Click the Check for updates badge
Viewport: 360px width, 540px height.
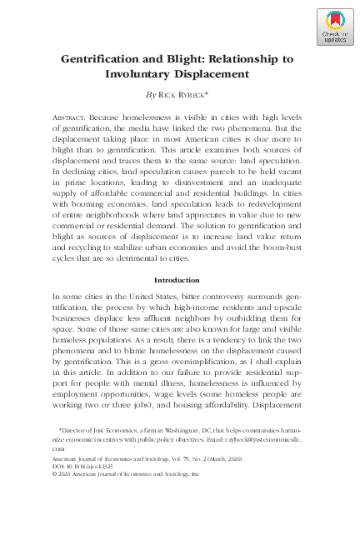click(x=333, y=27)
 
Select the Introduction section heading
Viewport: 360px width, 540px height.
click(x=179, y=280)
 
